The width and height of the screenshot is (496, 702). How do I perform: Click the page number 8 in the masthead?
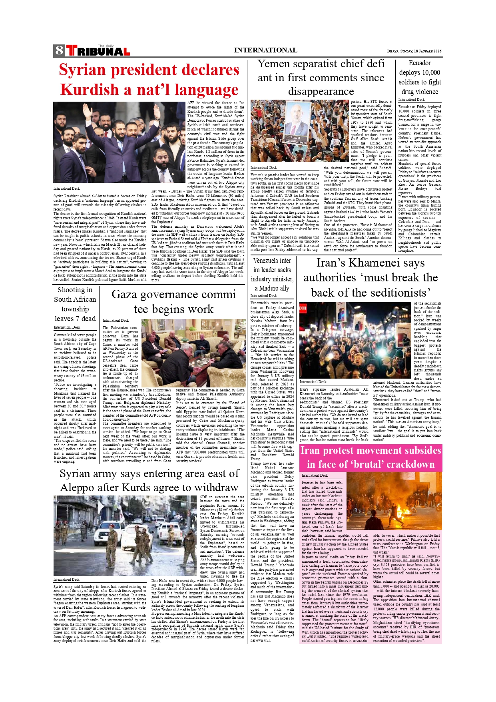pos(59,50)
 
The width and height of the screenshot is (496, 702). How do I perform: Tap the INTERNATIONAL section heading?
pos(265,50)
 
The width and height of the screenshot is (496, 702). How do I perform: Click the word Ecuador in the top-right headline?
pos(420,63)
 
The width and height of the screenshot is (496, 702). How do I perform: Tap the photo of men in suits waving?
pos(119,142)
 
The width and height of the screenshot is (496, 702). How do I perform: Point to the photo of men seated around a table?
pos(193,353)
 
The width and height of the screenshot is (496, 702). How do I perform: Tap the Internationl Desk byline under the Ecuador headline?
pos(411,100)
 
